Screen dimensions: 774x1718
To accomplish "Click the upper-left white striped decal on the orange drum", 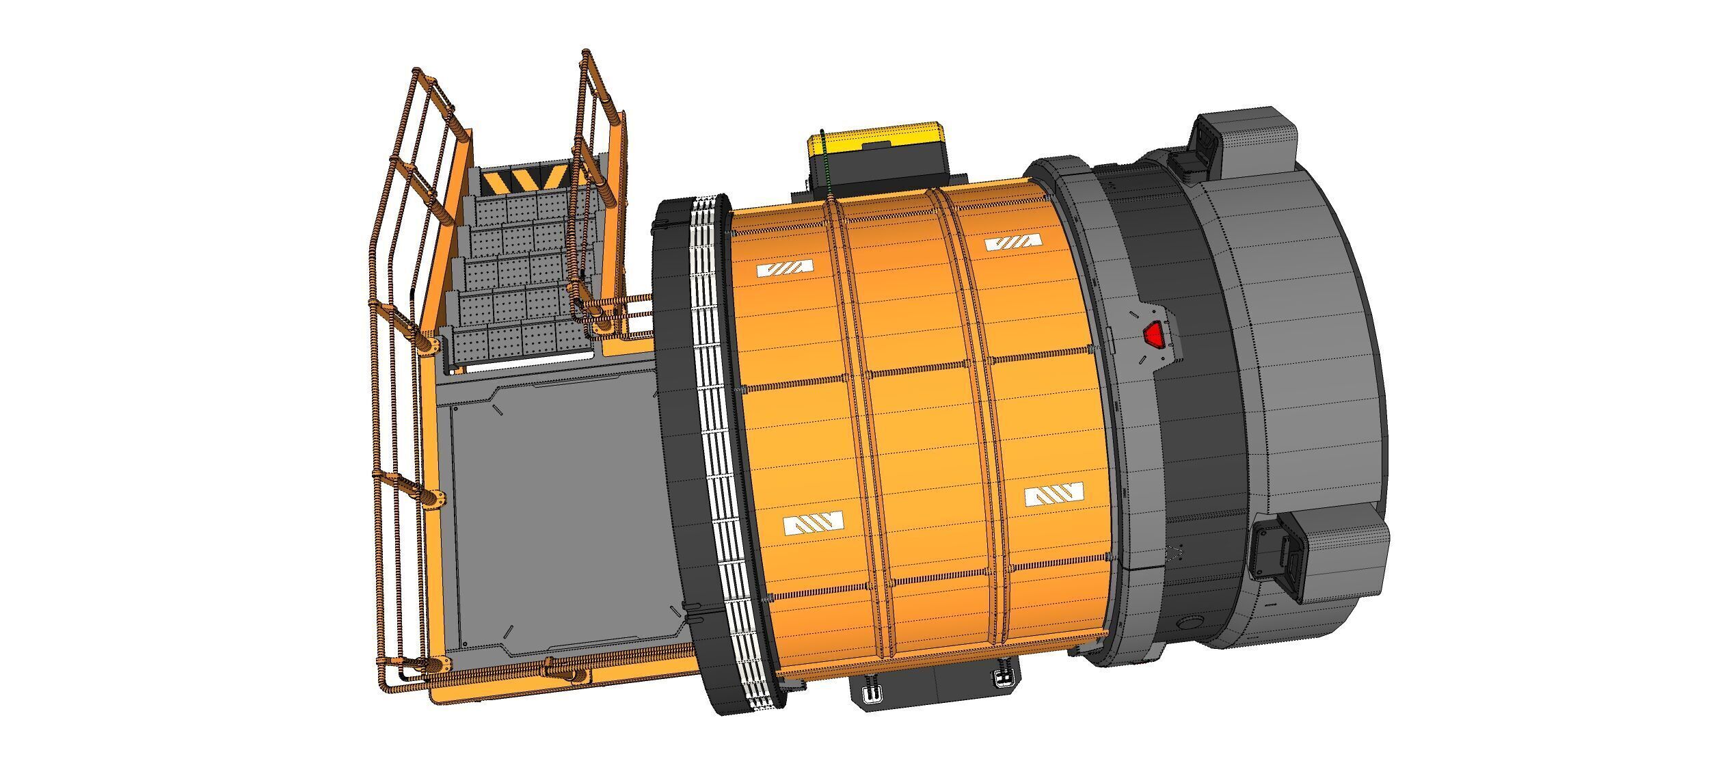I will click(x=786, y=268).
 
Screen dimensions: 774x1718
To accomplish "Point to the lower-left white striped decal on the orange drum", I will click(x=813, y=524).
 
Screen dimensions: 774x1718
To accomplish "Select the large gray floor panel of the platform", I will click(x=561, y=520).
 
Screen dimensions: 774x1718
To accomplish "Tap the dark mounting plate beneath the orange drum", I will click(x=937, y=704).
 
